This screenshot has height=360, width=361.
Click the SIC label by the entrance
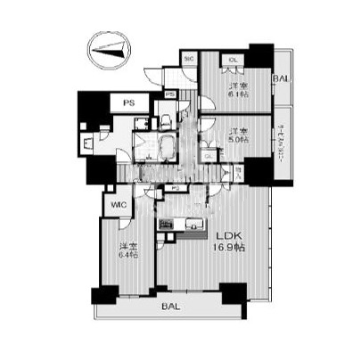tap(188, 59)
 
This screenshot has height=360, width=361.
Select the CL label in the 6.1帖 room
tap(233, 61)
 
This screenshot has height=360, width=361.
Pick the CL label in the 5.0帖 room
tap(209, 157)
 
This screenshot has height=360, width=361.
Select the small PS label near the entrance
tap(170, 94)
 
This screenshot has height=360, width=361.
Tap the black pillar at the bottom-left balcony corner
tap(102, 293)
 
